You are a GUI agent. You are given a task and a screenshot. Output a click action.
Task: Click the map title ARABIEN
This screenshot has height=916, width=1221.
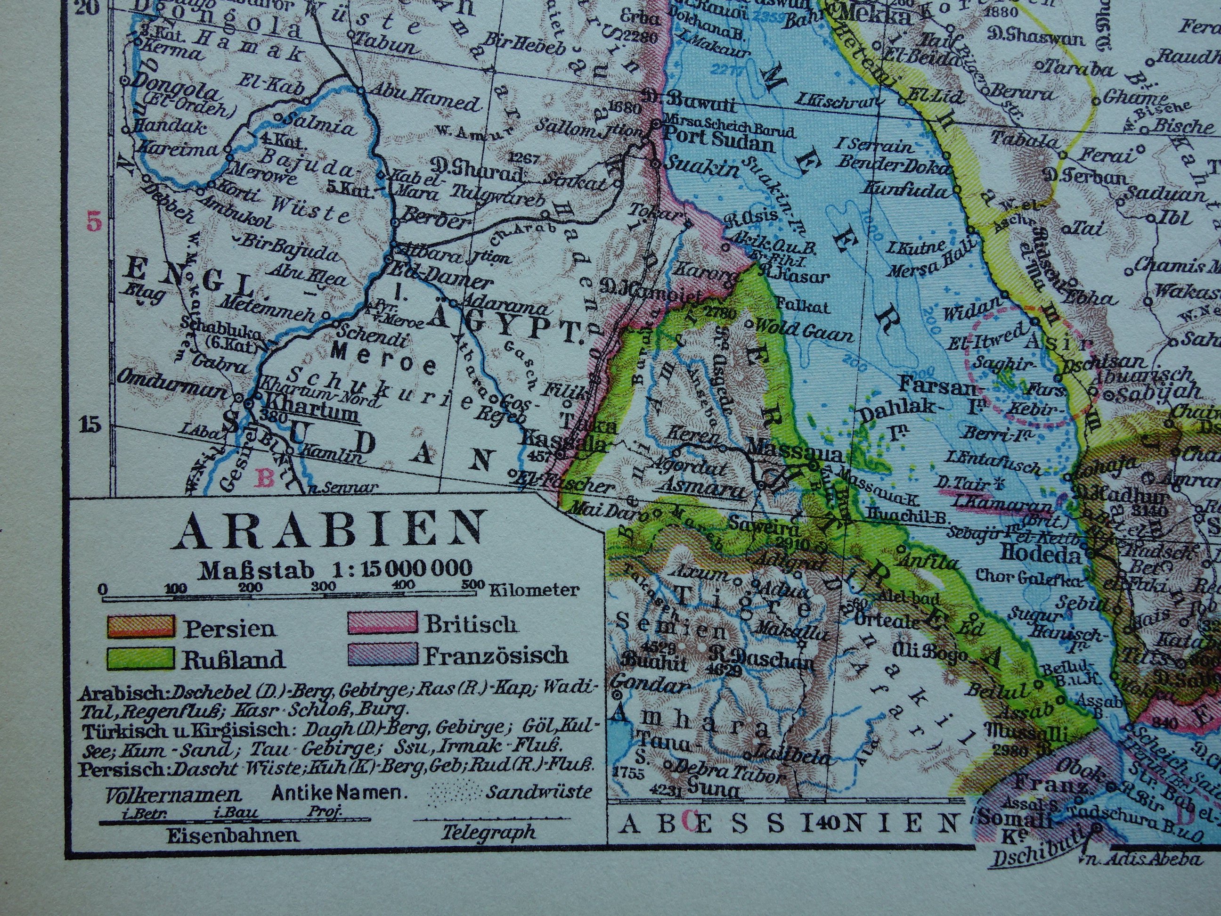pyautogui.click(x=330, y=530)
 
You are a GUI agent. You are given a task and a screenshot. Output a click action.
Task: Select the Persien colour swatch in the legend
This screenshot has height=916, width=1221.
pyautogui.click(x=140, y=627)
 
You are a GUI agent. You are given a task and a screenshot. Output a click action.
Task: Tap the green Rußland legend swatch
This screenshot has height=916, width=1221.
pyautogui.click(x=140, y=658)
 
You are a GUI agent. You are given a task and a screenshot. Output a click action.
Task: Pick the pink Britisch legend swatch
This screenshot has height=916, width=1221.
pyautogui.click(x=382, y=623)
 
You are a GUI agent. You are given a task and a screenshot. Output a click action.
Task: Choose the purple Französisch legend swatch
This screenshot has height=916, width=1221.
pyautogui.click(x=382, y=655)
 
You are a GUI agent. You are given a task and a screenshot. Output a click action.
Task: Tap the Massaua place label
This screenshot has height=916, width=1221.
pyautogui.click(x=795, y=454)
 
